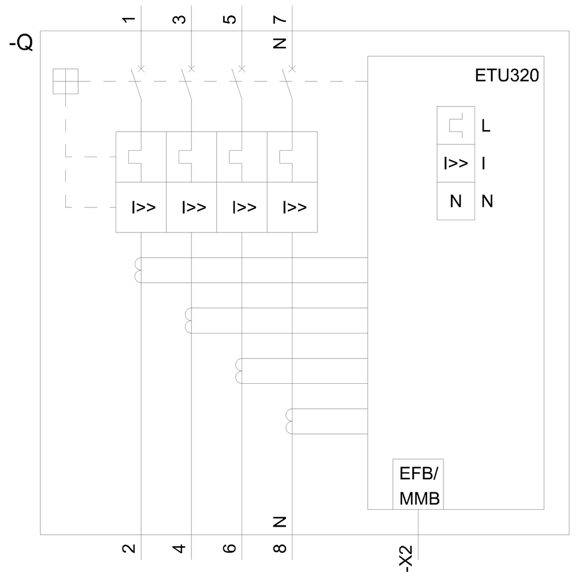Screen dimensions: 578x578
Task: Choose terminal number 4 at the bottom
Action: [x=180, y=548]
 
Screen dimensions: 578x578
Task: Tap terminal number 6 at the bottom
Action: [x=229, y=548]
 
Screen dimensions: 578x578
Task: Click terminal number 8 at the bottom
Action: [x=280, y=548]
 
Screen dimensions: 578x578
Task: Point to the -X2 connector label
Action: [x=408, y=558]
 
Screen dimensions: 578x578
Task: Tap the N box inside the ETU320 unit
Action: [x=456, y=202]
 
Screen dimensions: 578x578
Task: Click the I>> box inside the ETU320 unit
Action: [x=456, y=164]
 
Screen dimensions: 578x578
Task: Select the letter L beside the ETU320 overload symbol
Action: [x=486, y=126]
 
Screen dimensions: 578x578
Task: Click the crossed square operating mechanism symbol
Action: [x=65, y=81]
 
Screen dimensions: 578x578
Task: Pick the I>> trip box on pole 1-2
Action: [x=141, y=208]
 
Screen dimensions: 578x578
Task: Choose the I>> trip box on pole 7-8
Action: [x=292, y=208]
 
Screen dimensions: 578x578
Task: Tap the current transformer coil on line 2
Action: [x=138, y=271]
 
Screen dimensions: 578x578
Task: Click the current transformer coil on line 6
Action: [x=239, y=371]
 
